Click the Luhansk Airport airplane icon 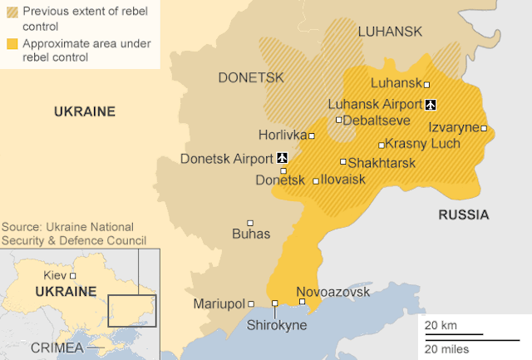click(430, 104)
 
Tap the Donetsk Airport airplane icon click(282, 157)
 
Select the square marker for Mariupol click(251, 304)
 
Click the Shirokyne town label click(277, 325)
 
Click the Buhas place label click(252, 234)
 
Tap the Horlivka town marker click(312, 136)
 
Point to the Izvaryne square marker click(484, 128)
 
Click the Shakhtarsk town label click(382, 163)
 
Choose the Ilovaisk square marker click(316, 180)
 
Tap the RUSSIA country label click(463, 215)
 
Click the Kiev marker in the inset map click(73, 275)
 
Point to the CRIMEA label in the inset click(56, 346)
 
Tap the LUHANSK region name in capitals click(390, 32)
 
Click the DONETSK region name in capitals click(251, 77)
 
